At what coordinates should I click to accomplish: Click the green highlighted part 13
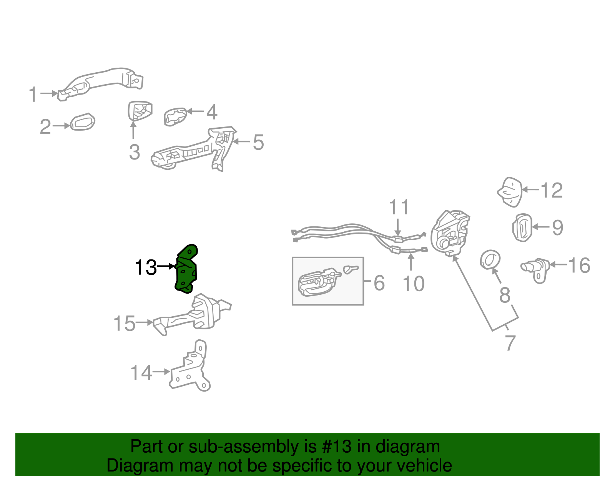186,271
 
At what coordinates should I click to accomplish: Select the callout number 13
146,267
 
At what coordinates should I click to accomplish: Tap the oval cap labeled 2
83,122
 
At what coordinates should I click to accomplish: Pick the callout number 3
134,152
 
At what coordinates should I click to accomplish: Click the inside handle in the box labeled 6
318,282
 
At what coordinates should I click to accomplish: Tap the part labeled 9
522,228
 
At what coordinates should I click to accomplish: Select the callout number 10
413,284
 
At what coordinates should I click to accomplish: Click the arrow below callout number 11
398,227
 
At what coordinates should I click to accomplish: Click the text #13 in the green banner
336,447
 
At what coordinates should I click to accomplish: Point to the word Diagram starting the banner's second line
134,466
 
